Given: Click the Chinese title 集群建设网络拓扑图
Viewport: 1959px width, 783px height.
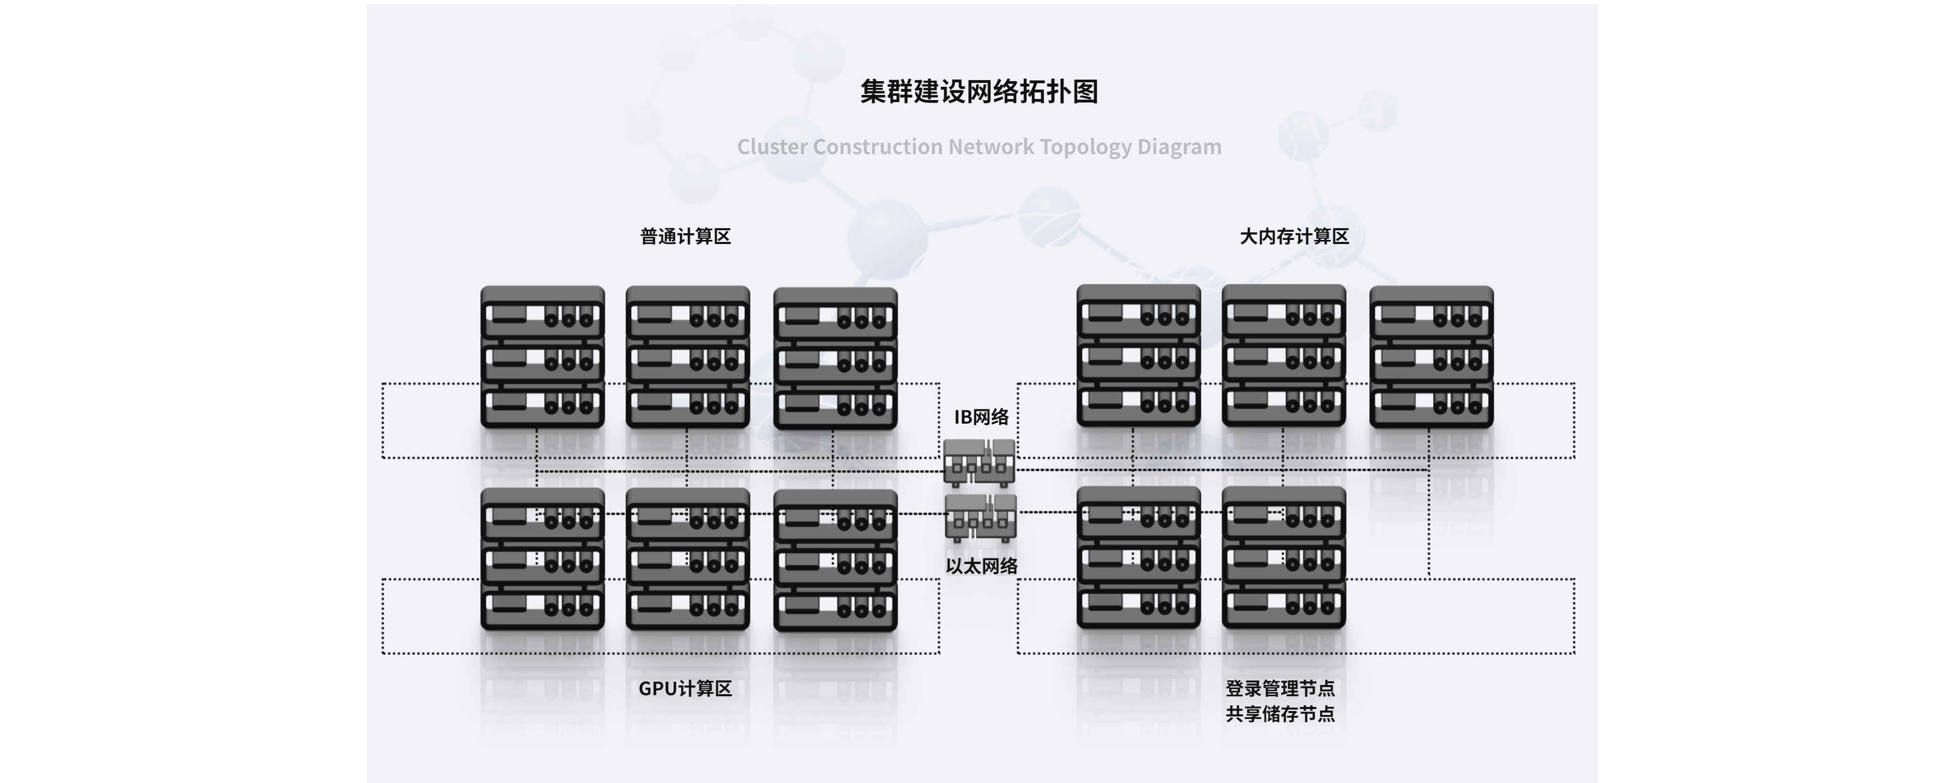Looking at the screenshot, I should tap(979, 91).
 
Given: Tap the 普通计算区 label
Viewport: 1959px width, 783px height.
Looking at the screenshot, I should tap(685, 237).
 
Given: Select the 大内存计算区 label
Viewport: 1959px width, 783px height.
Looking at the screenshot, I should tap(1294, 237).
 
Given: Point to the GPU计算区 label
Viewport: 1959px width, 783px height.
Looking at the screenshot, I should tap(685, 689).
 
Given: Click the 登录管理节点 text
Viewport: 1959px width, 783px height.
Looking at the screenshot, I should tap(1280, 689).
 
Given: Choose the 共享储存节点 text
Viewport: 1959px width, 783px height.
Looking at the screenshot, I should tap(1280, 714).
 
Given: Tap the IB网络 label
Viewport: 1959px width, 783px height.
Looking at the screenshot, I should tap(981, 417).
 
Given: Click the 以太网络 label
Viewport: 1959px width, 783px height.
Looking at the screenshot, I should tap(981, 566).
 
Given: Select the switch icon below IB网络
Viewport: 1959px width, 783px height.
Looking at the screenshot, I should tap(979, 462).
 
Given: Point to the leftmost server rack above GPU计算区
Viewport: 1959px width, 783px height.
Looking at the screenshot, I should tap(542, 559).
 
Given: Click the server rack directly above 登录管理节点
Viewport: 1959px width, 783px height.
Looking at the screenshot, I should tap(1284, 558).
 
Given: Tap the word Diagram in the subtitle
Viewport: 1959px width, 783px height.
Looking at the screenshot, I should tap(1179, 147).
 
